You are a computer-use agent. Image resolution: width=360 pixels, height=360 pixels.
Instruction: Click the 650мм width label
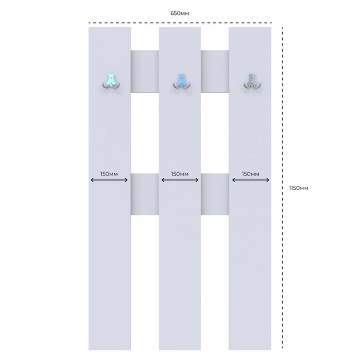179,13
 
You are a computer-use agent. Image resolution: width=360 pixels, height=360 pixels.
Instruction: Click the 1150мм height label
298,188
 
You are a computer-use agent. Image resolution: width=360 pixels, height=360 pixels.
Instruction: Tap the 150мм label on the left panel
109,174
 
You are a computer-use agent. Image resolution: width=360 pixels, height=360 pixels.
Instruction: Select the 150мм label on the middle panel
180,174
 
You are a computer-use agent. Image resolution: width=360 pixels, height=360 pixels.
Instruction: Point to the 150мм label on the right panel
250,174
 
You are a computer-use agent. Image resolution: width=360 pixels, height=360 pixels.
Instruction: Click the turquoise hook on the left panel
111,81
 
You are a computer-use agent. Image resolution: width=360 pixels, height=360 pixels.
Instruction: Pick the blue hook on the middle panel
182,81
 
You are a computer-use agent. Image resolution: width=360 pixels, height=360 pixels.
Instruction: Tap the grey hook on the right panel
252,81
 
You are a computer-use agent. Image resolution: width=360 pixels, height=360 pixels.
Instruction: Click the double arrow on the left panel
109,180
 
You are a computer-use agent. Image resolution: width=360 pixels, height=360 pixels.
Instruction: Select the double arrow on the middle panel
180,180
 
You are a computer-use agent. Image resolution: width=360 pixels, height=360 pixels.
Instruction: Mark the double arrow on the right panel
250,180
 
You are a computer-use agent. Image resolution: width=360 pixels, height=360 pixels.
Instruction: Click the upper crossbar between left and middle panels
145,71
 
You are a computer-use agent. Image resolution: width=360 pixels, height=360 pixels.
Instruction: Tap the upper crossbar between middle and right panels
215,71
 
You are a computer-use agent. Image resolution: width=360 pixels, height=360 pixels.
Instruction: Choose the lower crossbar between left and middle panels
145,194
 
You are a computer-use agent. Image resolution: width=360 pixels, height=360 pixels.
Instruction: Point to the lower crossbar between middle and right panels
215,194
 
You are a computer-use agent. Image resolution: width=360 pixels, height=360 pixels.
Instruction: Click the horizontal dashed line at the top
181,23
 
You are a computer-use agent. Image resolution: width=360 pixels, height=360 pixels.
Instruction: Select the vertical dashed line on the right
282,188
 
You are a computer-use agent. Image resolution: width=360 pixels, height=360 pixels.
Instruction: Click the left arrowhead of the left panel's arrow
92,180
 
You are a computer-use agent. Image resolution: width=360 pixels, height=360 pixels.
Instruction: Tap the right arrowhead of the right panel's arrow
267,180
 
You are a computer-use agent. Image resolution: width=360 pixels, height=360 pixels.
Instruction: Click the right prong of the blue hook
188,86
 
